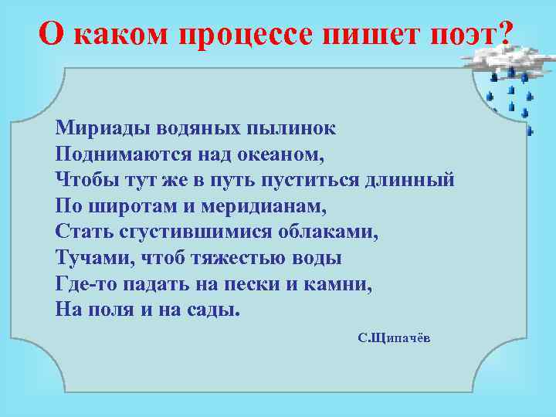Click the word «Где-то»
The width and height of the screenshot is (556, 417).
coord(83,284)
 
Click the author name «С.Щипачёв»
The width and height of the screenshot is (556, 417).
coord(394,339)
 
